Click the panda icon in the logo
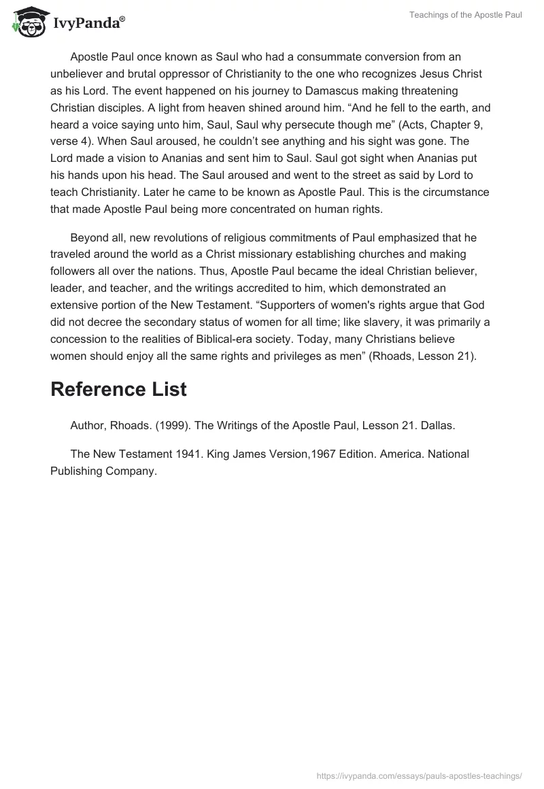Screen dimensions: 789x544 (x=27, y=22)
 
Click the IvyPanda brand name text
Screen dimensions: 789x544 (x=88, y=23)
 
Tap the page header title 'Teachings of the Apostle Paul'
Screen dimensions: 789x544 (x=466, y=15)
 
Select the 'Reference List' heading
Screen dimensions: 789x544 (x=118, y=389)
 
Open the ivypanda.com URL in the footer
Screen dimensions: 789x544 (x=420, y=775)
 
